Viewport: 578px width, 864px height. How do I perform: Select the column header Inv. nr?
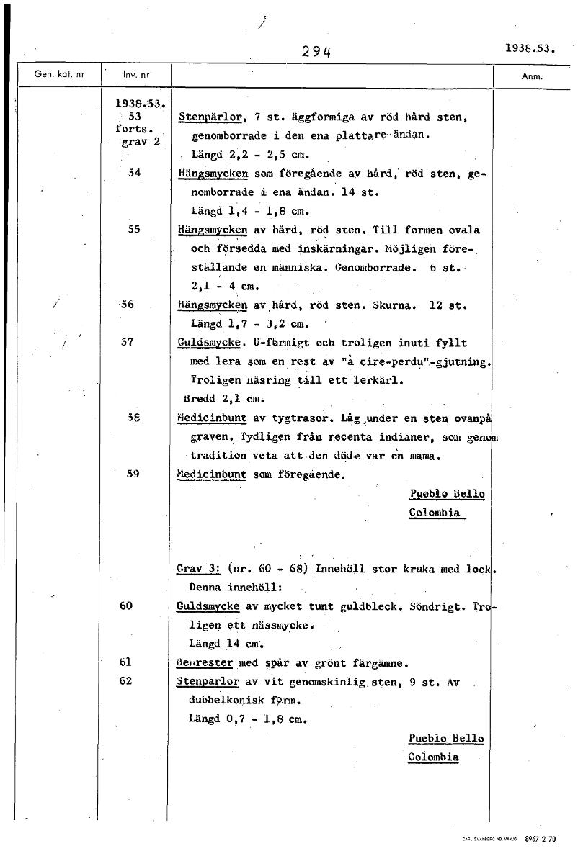click(x=135, y=74)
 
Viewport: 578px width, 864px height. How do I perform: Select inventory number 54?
click(x=133, y=174)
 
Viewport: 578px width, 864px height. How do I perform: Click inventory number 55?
click(x=133, y=230)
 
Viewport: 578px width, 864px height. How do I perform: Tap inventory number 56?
click(x=128, y=305)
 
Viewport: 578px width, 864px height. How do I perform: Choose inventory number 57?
click(x=128, y=343)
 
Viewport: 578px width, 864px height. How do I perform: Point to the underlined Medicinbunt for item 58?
click(x=212, y=418)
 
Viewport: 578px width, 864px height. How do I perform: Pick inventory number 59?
click(x=133, y=474)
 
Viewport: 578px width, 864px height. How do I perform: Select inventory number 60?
click(x=126, y=606)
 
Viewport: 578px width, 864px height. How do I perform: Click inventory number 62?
click(x=126, y=680)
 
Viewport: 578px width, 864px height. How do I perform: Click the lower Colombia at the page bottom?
click(x=433, y=757)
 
